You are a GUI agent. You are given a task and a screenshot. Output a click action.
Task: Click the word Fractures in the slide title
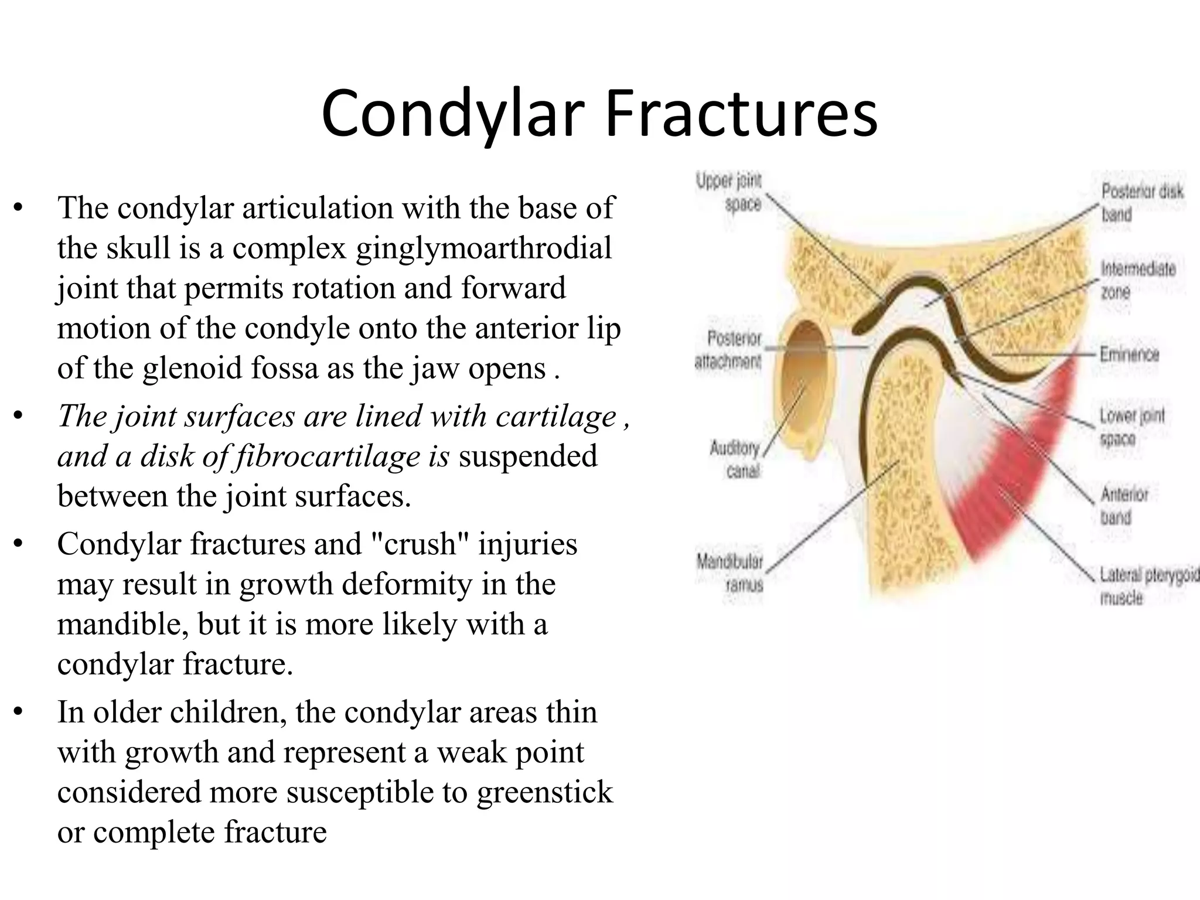pyautogui.click(x=741, y=112)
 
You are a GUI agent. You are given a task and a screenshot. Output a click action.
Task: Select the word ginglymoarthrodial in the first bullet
pyautogui.click(x=484, y=248)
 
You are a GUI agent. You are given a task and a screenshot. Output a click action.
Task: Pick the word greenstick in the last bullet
pyautogui.click(x=544, y=792)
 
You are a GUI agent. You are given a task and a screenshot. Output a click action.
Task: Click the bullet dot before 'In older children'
pyautogui.click(x=19, y=712)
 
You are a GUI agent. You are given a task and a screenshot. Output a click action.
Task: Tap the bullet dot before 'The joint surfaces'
pyautogui.click(x=19, y=416)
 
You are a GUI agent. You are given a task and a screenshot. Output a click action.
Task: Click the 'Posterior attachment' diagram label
pyautogui.click(x=728, y=350)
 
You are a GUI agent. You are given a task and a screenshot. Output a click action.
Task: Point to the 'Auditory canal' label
pyautogui.click(x=735, y=459)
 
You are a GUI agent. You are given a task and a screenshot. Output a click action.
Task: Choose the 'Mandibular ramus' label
pyautogui.click(x=730, y=572)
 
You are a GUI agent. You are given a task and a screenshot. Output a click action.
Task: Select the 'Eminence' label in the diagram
pyautogui.click(x=1129, y=354)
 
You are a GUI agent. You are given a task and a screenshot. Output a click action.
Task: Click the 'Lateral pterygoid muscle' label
pyautogui.click(x=1147, y=586)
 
